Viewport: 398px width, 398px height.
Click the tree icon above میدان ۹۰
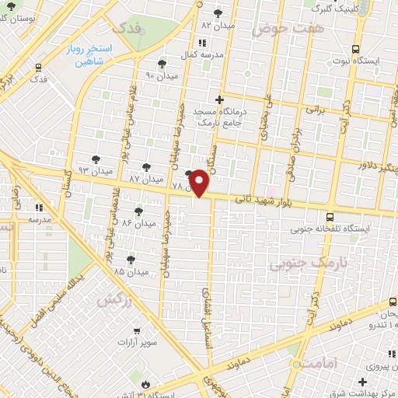[x=162, y=64]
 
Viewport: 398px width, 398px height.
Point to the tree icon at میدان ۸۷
[x=147, y=167]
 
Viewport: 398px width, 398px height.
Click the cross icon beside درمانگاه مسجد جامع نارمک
[x=219, y=99]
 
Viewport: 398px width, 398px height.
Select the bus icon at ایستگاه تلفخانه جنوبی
[x=331, y=217]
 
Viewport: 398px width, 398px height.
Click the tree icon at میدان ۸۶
[x=138, y=211]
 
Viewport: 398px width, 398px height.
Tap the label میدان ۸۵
[x=131, y=272]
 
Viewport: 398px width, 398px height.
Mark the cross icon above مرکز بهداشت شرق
[x=362, y=382]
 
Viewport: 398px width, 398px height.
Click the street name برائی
[x=313, y=110]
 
